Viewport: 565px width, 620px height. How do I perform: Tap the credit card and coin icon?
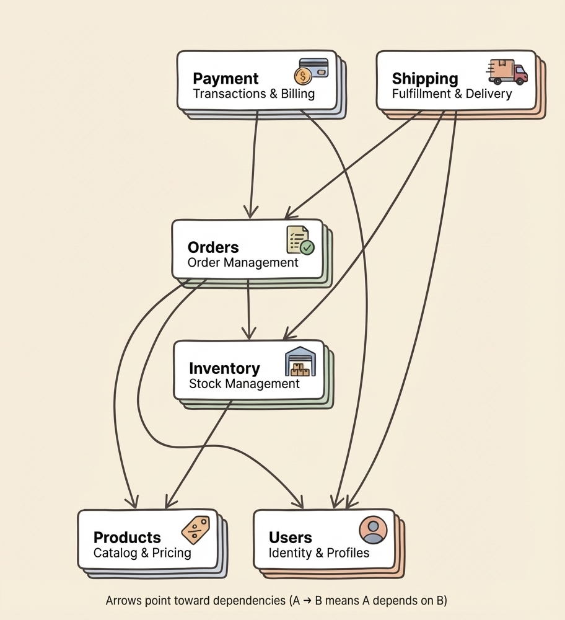click(312, 71)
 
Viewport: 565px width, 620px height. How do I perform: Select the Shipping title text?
click(425, 79)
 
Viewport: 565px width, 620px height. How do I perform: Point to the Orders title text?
click(213, 246)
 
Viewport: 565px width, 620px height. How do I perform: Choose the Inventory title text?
click(224, 368)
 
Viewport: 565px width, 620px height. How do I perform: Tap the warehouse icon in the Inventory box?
click(300, 361)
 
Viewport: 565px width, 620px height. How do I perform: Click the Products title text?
click(127, 538)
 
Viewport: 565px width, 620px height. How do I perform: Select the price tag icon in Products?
click(195, 531)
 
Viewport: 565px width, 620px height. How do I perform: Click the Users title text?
click(291, 538)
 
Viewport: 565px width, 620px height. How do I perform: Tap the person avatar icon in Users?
click(373, 530)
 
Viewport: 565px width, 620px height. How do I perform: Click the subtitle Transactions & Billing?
click(254, 94)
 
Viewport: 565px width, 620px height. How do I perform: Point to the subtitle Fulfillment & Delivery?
click(452, 94)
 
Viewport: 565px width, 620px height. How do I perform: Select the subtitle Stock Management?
click(244, 384)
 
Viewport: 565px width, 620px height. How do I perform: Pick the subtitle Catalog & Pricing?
click(142, 552)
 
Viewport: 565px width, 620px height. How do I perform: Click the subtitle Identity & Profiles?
click(319, 552)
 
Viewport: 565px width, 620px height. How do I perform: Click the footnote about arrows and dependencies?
click(276, 601)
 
